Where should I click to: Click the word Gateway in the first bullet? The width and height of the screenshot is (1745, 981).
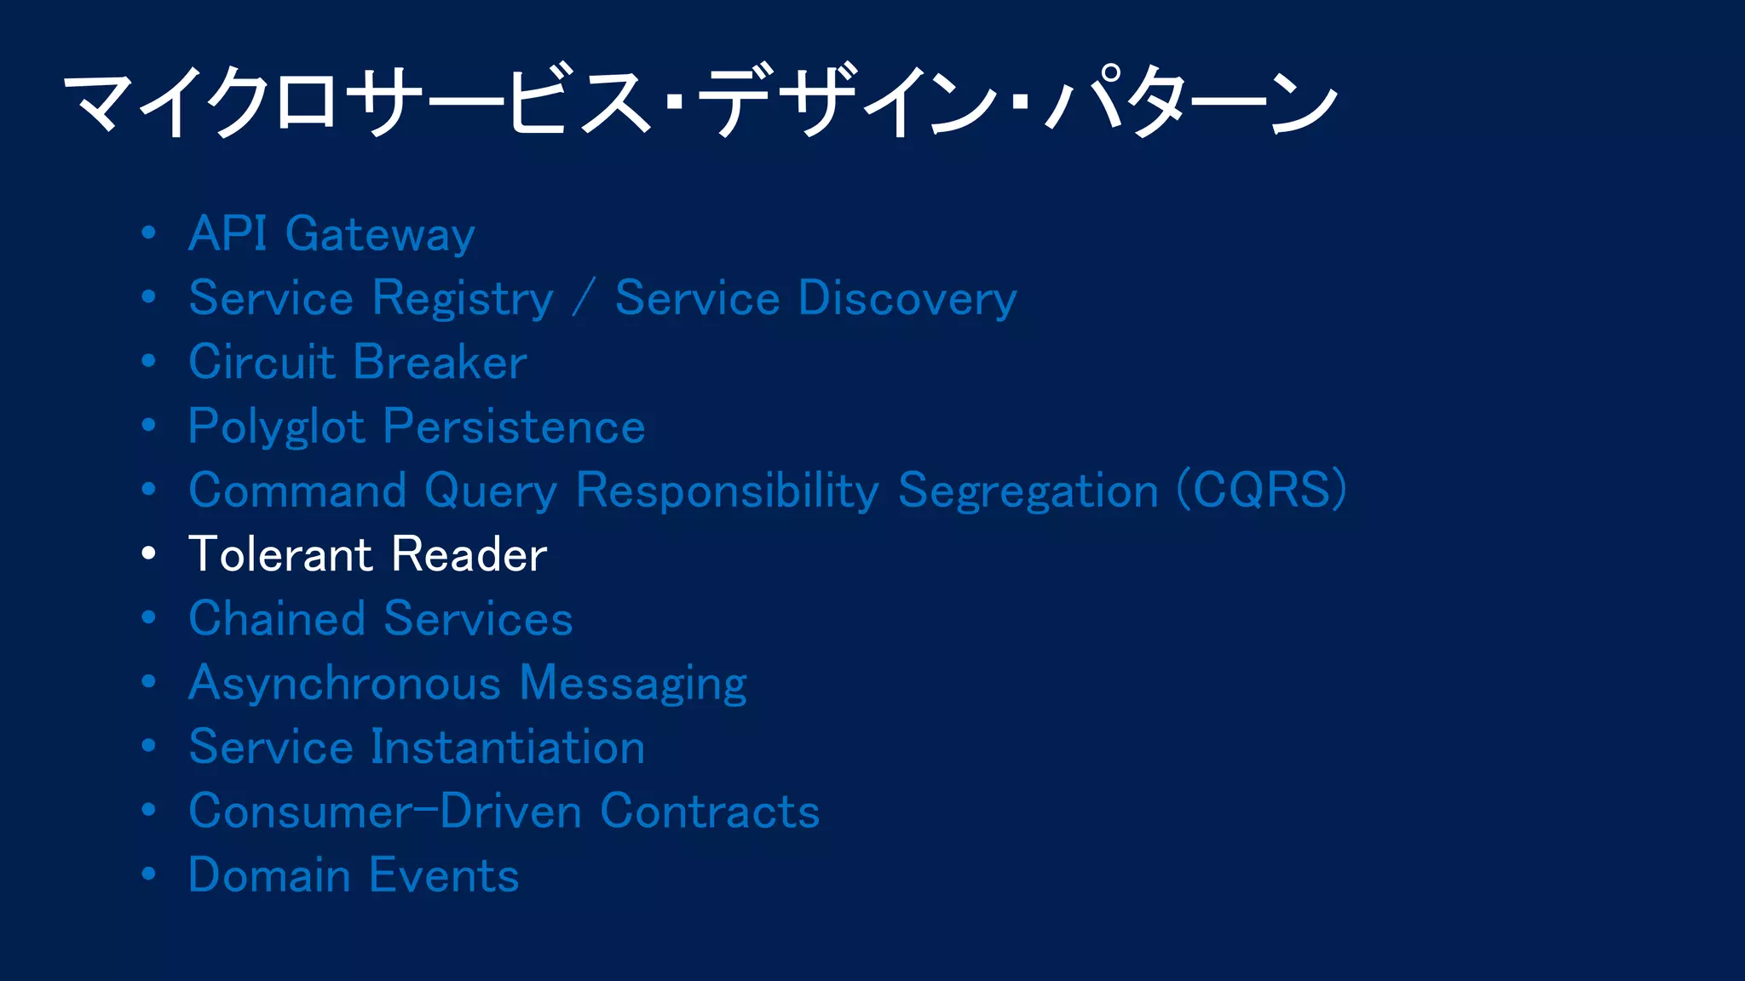pos(380,234)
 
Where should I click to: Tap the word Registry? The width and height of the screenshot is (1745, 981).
pos(464,299)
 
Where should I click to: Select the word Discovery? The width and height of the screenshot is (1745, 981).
pos(907,299)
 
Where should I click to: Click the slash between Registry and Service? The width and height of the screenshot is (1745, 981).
pos(585,299)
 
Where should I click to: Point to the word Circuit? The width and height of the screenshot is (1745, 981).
pos(262,362)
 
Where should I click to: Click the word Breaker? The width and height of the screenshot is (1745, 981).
pos(441,362)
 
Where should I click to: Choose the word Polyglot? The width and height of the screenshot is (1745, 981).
pos(277,427)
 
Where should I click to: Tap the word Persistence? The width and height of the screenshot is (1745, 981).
pos(515,427)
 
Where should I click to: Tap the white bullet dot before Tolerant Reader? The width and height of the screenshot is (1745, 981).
pos(149,554)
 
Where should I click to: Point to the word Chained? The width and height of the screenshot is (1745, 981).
pos(277,618)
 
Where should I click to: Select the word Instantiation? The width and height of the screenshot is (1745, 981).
pos(508,747)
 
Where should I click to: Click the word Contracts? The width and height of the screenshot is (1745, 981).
pos(710,811)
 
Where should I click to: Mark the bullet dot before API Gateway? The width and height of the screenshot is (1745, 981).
pos(149,232)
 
